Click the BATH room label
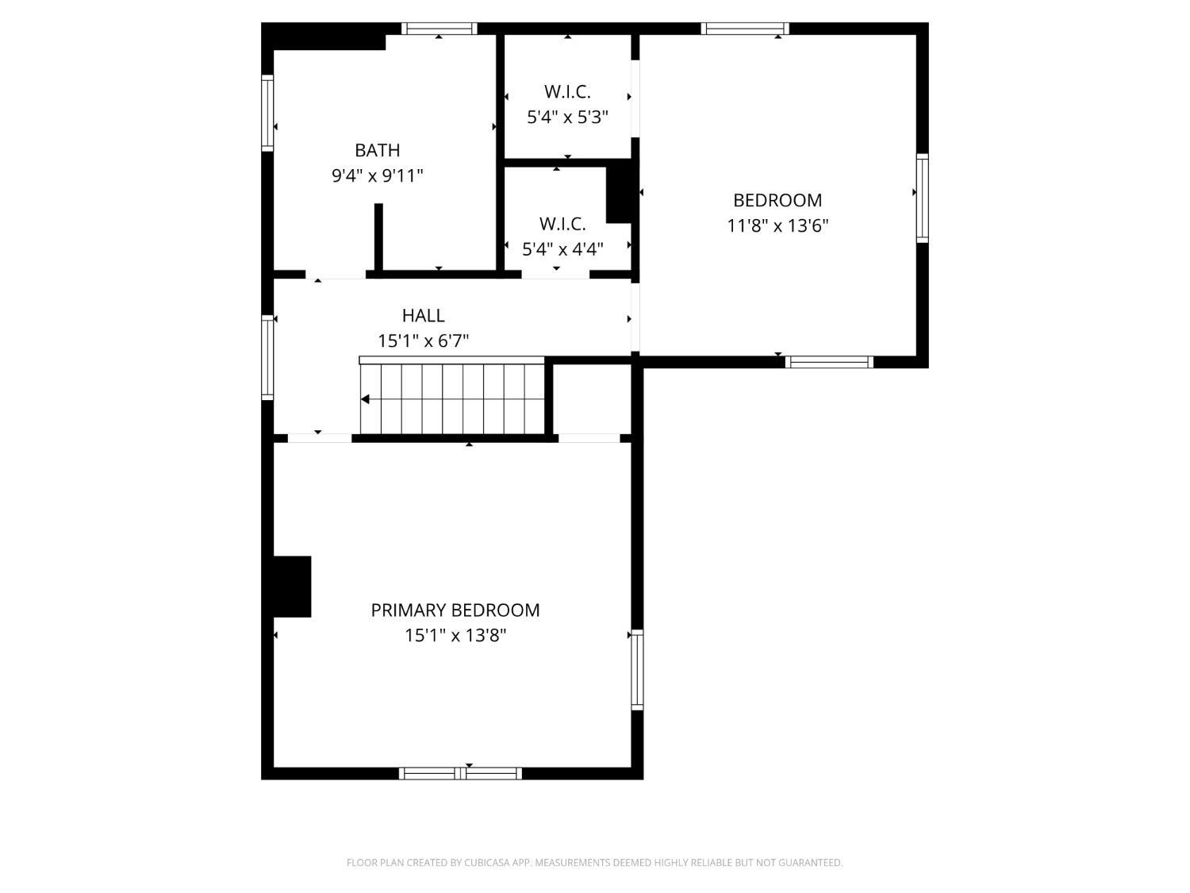(377, 150)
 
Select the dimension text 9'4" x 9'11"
(377, 175)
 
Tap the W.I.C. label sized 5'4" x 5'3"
(567, 92)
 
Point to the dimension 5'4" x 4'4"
(562, 249)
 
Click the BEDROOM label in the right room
(777, 200)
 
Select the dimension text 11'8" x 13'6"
(777, 225)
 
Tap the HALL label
(423, 316)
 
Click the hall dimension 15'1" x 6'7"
(423, 341)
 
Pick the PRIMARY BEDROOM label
(455, 610)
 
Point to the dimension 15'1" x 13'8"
(455, 635)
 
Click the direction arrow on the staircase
(366, 399)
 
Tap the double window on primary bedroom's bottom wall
(460, 773)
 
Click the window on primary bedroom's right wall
(637, 669)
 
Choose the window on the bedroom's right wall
(922, 198)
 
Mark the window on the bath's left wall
(267, 113)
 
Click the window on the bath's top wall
(439, 29)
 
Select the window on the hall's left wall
(267, 356)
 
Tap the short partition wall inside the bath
(378, 237)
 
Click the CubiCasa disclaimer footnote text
(594, 863)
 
